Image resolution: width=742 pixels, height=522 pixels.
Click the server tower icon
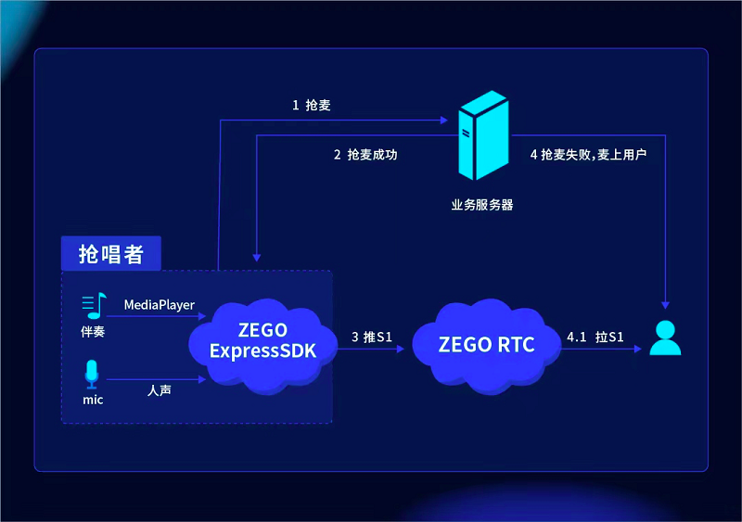click(481, 141)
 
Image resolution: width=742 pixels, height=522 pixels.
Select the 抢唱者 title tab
click(110, 254)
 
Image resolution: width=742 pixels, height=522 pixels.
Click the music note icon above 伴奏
click(93, 305)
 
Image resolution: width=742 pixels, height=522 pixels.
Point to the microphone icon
click(91, 375)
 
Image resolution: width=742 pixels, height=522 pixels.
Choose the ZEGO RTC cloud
click(486, 345)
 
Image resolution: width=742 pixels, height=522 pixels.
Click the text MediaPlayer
click(160, 304)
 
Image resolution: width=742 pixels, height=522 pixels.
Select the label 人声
click(159, 391)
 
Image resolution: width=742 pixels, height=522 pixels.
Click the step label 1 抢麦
click(311, 106)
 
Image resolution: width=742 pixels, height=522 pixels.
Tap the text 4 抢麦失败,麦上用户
click(588, 155)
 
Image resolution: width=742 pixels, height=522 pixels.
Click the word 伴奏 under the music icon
click(93, 331)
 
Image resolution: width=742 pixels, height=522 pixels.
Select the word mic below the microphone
click(91, 401)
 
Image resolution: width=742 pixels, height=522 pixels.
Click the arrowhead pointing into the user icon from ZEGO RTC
click(639, 350)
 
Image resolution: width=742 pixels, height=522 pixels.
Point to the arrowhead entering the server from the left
click(443, 120)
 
